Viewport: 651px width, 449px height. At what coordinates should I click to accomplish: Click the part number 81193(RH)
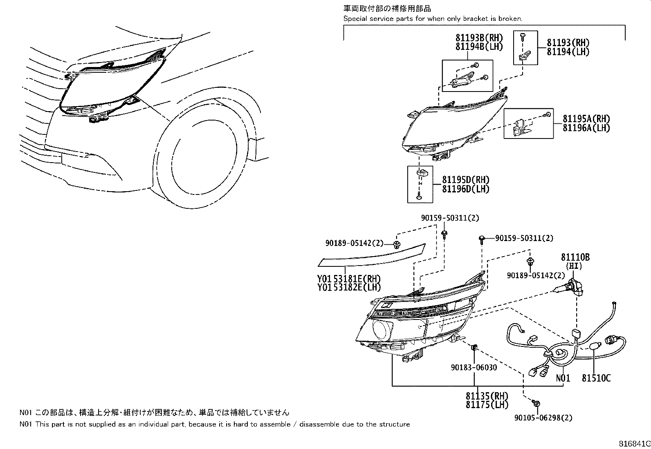[x=568, y=43]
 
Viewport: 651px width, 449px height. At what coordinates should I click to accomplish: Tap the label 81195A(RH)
[x=586, y=119]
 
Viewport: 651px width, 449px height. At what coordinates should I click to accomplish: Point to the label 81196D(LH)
[x=465, y=189]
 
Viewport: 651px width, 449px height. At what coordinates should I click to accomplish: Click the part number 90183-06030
[x=474, y=368]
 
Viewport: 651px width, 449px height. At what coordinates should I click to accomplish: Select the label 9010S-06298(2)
[x=543, y=418]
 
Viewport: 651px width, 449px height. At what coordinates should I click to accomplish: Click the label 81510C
[x=596, y=379]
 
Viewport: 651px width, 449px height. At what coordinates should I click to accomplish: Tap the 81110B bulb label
[x=575, y=257]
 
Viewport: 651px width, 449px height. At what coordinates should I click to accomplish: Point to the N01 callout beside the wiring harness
[x=563, y=378]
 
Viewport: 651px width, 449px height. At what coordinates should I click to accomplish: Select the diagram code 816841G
[x=633, y=444]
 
